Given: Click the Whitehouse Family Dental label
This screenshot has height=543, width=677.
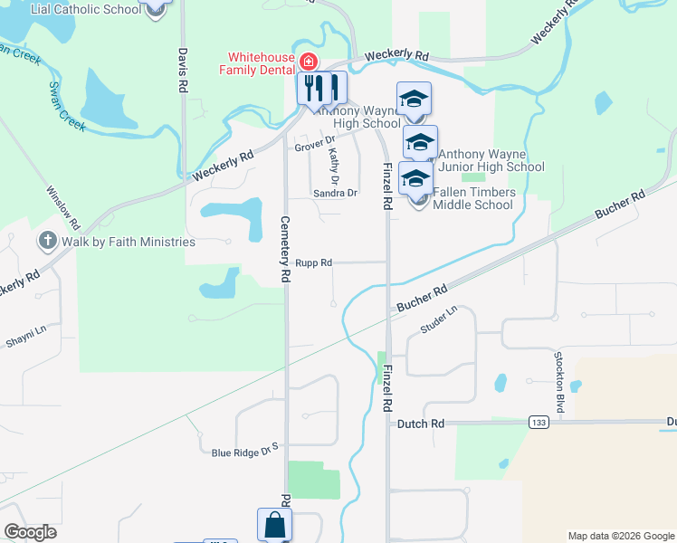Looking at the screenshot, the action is (262, 63).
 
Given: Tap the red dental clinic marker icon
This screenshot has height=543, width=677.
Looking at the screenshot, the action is (308, 62).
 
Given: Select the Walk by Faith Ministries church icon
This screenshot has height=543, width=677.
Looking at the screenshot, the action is (46, 242).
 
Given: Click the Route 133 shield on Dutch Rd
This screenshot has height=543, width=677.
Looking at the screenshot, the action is (539, 423).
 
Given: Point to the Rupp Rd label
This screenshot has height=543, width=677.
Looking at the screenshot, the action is (314, 262).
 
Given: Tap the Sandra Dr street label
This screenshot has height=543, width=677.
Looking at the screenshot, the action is (335, 193).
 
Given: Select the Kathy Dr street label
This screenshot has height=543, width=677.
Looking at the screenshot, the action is (333, 163).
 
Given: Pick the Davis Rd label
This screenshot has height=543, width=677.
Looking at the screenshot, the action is (183, 71).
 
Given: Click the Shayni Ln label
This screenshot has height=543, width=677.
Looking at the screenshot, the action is (25, 338).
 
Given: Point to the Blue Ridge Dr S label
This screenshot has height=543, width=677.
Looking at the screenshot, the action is (243, 452).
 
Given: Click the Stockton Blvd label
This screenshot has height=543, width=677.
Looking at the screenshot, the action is (559, 380).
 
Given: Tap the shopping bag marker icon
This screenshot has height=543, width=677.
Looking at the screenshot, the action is (275, 525).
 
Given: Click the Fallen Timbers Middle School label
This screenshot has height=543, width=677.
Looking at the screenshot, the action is (473, 198).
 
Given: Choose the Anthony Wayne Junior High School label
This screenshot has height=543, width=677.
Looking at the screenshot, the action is (491, 160).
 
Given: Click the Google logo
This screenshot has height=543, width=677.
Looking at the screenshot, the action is (31, 532).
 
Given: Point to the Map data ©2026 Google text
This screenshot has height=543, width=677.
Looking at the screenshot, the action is (620, 536).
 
